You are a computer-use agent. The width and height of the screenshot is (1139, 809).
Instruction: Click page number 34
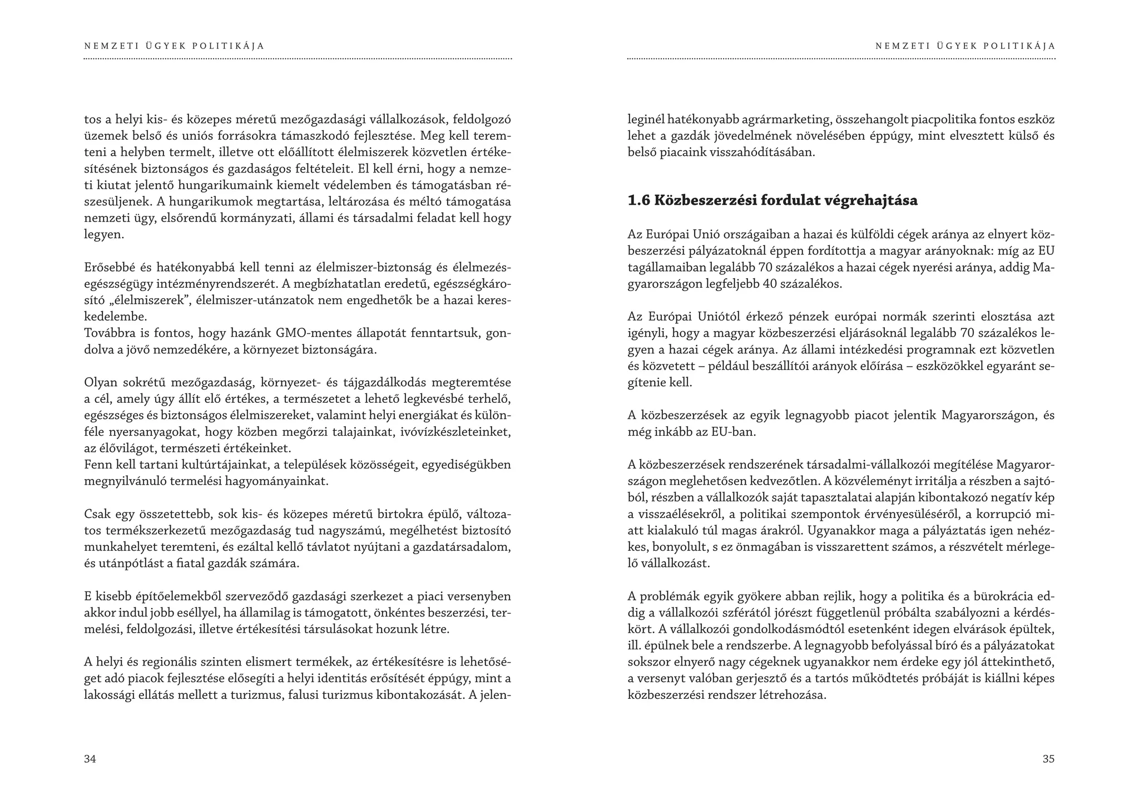click(x=90, y=759)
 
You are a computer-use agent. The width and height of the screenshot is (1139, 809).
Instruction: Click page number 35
click(x=1048, y=759)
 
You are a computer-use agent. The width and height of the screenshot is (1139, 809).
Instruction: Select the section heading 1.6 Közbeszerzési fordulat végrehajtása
click(x=772, y=200)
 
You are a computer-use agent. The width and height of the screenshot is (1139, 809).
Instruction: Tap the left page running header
click(x=175, y=46)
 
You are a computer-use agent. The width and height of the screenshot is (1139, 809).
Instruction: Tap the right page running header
click(x=965, y=46)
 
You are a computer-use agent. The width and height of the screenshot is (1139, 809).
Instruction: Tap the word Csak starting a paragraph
click(x=97, y=514)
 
